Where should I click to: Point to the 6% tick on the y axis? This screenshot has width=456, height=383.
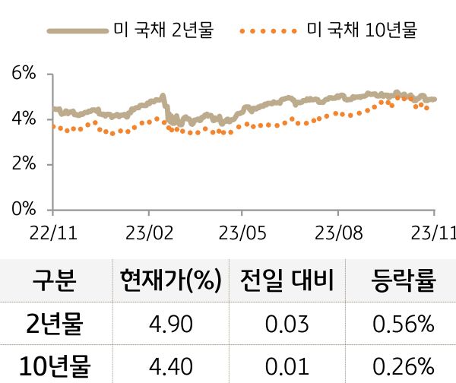pos(24,74)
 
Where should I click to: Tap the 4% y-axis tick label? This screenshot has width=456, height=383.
pos(24,119)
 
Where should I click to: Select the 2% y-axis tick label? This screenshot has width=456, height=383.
pos(24,164)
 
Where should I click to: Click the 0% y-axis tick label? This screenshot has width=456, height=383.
pos(24,209)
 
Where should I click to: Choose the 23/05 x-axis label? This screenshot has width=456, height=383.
pos(242,231)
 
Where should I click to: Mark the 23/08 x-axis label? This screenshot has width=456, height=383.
pos(337,231)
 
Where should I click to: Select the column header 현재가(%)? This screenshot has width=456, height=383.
pos(169,281)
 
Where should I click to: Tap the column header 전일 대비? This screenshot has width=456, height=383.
pos(287,281)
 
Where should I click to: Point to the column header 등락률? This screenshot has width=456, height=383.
pos(404,281)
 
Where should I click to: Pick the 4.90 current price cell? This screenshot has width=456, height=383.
pos(169,325)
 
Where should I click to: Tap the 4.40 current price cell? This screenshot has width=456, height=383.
pos(169,366)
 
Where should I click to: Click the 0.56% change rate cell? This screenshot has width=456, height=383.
pos(404,325)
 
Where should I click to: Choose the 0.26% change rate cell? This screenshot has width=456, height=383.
pos(404,366)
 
